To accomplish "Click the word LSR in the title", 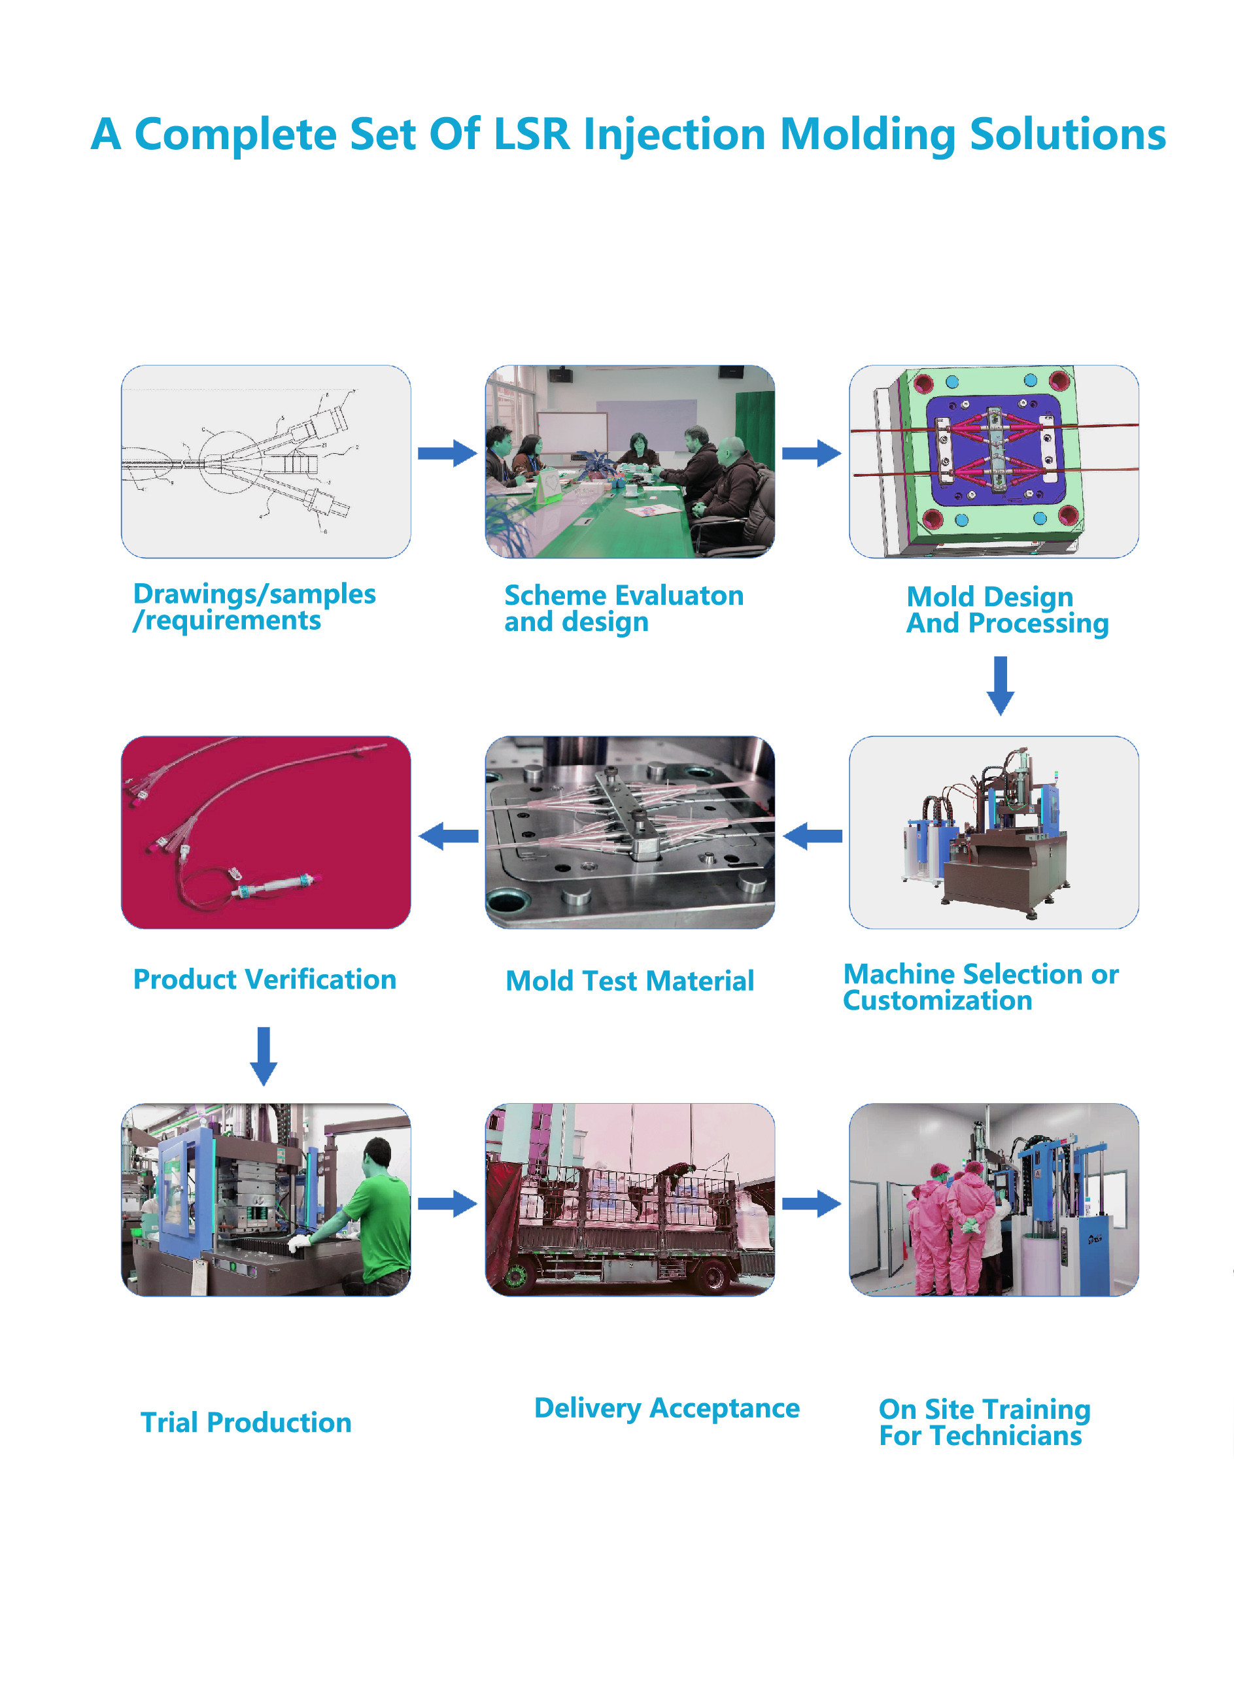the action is point(532,135).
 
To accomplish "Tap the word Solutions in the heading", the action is point(1067,135).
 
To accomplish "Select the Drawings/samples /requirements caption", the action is point(254,607).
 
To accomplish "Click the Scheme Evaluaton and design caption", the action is point(624,609).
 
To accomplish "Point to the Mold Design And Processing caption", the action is point(1007,610).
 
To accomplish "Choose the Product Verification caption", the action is point(264,979).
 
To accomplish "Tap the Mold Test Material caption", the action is point(630,981).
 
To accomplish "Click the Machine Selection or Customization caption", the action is point(981,987).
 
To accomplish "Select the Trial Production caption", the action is point(246,1422).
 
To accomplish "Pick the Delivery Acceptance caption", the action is point(667,1408).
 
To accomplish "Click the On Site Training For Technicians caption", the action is point(984,1423).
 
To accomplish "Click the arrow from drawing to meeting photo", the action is point(447,452).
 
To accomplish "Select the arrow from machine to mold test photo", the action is point(812,836).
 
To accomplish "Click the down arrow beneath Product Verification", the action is point(263,1056).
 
